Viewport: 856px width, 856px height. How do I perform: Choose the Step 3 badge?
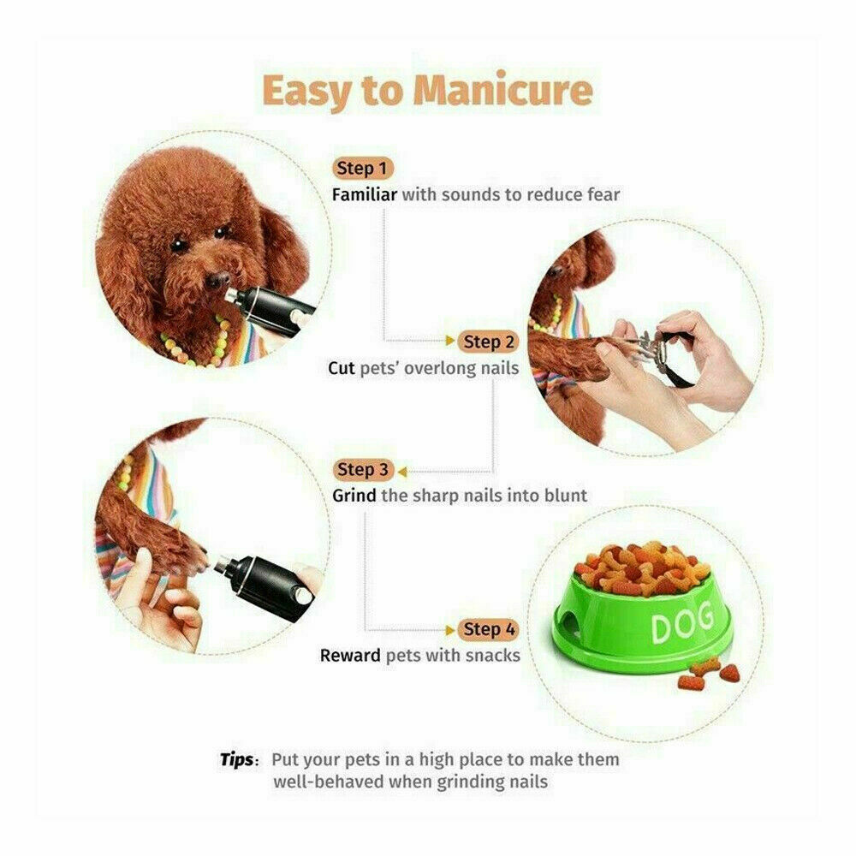tap(363, 470)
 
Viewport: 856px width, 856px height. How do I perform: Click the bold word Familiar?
tap(364, 194)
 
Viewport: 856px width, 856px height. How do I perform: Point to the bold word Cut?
tap(342, 368)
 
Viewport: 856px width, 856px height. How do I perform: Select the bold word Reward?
tap(351, 656)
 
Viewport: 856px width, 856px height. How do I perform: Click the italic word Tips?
tap(236, 759)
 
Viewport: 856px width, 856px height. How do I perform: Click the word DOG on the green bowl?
tap(681, 627)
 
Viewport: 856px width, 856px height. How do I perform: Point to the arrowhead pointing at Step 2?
tap(451, 342)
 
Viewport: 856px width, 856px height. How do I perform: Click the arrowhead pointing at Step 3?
tap(401, 470)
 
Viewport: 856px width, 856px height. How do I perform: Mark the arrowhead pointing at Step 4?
tap(451, 629)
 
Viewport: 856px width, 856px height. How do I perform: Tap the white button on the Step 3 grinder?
tap(300, 593)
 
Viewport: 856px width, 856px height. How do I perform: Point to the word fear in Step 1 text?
tap(603, 194)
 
